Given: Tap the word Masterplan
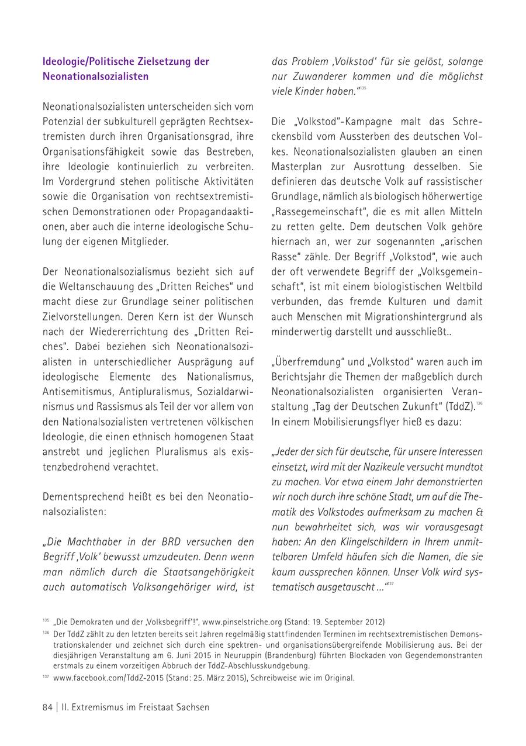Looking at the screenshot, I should tap(300, 166).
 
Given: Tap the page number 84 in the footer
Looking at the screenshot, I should tap(48, 707).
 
